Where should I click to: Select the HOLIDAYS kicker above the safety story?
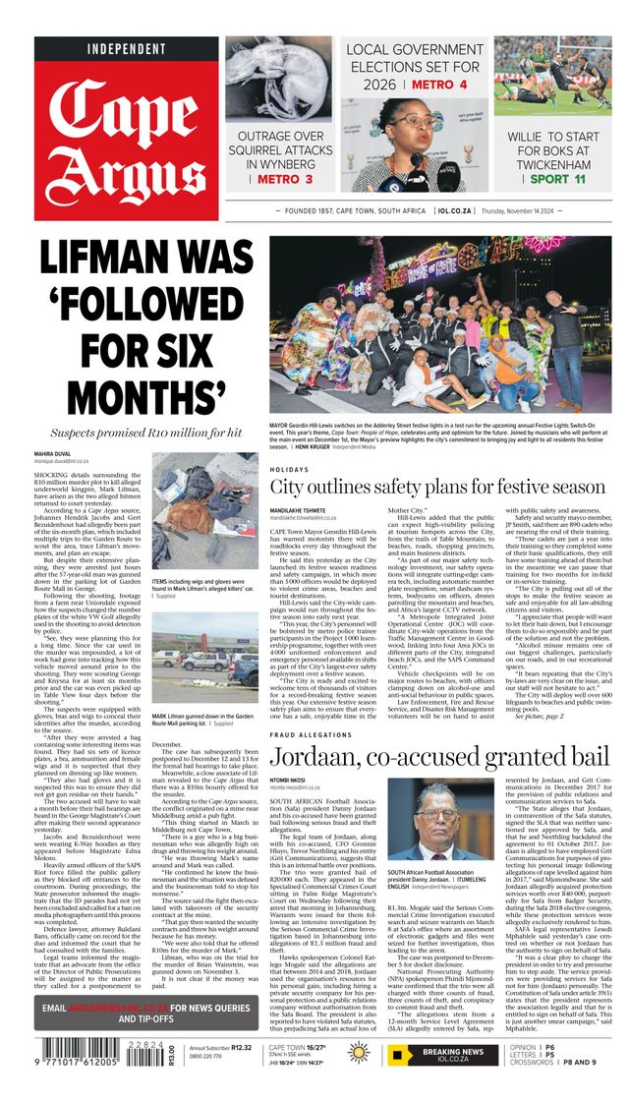pyautogui.click(x=289, y=470)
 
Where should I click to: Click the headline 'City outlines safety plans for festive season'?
pyautogui.click(x=437, y=488)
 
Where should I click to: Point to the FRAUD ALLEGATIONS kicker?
pyautogui.click(x=311, y=735)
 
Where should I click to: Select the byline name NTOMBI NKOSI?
pyautogui.click(x=289, y=783)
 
